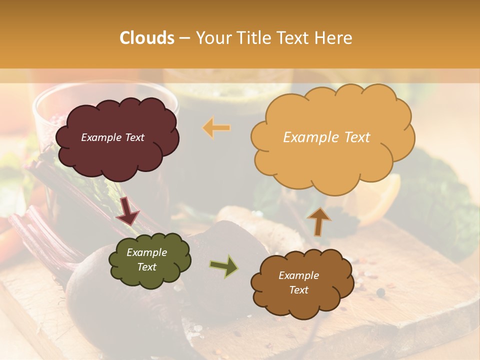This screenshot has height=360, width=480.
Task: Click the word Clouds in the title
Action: (147, 38)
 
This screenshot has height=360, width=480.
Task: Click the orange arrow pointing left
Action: (216, 128)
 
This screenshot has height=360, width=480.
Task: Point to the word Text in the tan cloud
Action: (353, 137)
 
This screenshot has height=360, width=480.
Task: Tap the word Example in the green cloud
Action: (146, 252)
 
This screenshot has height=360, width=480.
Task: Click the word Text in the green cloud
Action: (146, 267)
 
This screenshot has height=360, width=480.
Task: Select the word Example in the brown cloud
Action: (298, 275)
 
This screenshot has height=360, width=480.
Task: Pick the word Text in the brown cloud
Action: (298, 290)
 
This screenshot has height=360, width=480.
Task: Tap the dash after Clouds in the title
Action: (184, 38)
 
